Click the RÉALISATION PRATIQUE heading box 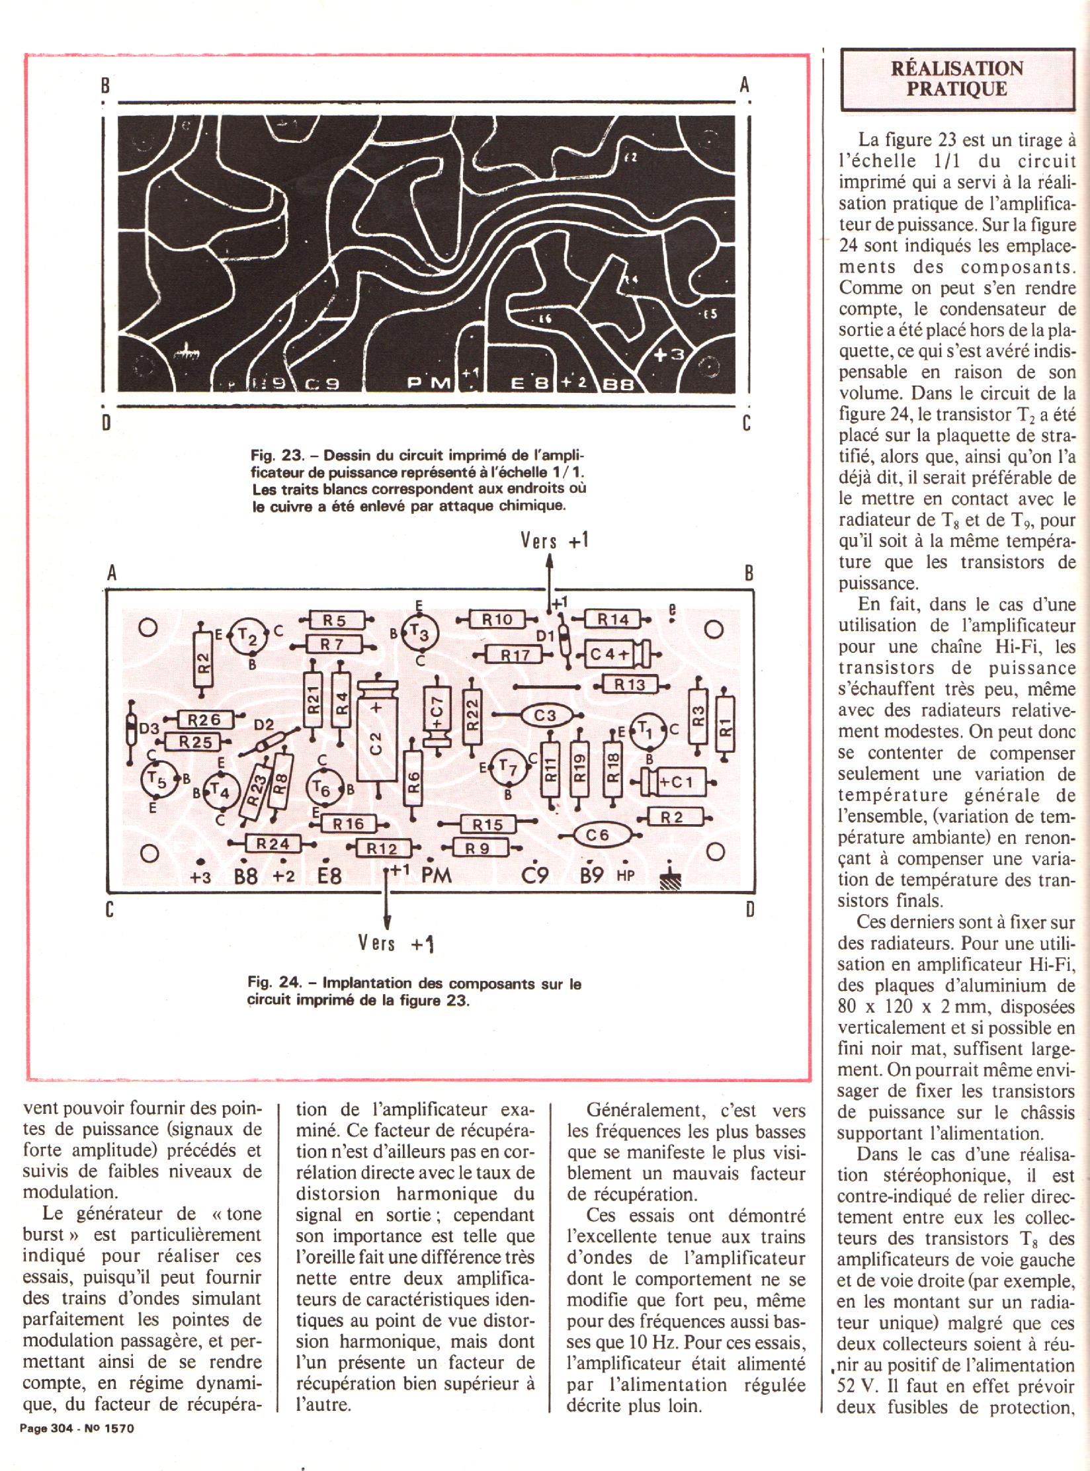(x=956, y=79)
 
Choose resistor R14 (x=612, y=620)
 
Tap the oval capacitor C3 (x=545, y=716)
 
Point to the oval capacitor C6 (x=597, y=836)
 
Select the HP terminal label (x=625, y=876)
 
